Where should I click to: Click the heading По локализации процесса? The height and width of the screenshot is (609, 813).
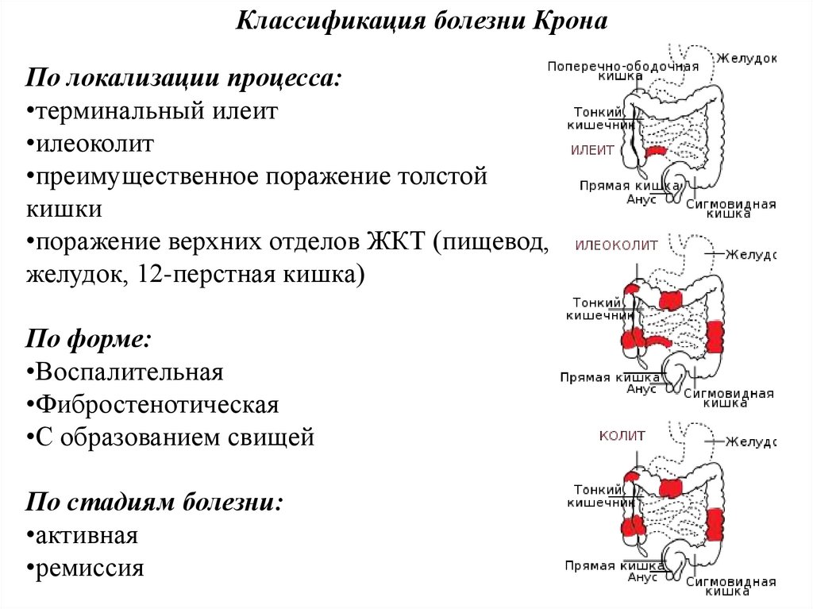pyautogui.click(x=185, y=78)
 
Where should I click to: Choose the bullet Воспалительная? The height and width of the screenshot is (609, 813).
pyautogui.click(x=129, y=372)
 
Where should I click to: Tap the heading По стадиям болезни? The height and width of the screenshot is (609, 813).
pyautogui.click(x=154, y=503)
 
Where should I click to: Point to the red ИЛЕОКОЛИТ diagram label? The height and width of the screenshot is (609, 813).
pyautogui.click(x=616, y=245)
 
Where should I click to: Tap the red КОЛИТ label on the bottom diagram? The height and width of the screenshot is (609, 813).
pyautogui.click(x=622, y=436)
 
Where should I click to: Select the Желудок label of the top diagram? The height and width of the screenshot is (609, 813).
pyautogui.click(x=746, y=59)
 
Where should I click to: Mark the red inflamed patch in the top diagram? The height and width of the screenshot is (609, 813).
pyautogui.click(x=655, y=151)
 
